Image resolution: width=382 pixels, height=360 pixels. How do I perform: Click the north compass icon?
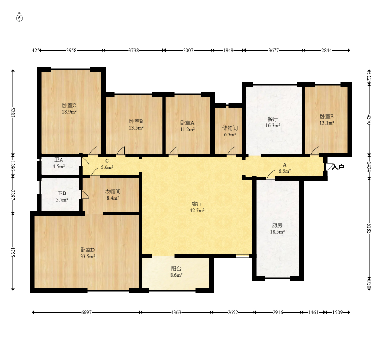pos(19,17)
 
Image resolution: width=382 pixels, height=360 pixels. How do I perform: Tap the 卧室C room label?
pos(69,105)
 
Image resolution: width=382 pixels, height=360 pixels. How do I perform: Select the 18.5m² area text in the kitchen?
pos(277,232)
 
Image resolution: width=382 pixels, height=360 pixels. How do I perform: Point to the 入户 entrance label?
pos(338,167)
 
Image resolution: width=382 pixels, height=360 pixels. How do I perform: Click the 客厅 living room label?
pos(197,204)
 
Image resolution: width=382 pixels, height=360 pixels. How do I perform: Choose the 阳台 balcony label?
pos(176,269)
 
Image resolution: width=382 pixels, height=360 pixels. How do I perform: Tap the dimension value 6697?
pos(86,312)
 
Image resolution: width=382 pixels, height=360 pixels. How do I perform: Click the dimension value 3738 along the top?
pos(133,50)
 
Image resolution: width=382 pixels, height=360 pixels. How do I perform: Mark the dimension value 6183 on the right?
pos(369,228)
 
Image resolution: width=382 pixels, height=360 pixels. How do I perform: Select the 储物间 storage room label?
pos(230,128)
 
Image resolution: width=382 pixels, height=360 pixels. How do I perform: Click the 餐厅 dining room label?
pos(273,119)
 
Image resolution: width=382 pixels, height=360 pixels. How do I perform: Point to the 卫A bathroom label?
pos(59,160)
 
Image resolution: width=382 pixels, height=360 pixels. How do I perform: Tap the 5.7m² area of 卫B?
pos(62,200)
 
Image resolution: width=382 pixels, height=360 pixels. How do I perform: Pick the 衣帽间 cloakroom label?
pos(113,192)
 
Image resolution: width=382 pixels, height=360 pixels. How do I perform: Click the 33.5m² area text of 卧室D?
pos(87,256)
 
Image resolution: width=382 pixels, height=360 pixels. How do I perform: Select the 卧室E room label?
pos(327,116)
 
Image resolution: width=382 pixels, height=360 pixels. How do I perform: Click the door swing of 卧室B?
pos(121,151)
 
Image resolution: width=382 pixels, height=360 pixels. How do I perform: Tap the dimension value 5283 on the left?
pos(13,112)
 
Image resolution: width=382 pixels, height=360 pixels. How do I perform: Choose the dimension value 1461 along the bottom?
pos(313,312)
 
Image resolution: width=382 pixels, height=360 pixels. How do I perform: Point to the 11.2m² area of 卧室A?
pos(187,130)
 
